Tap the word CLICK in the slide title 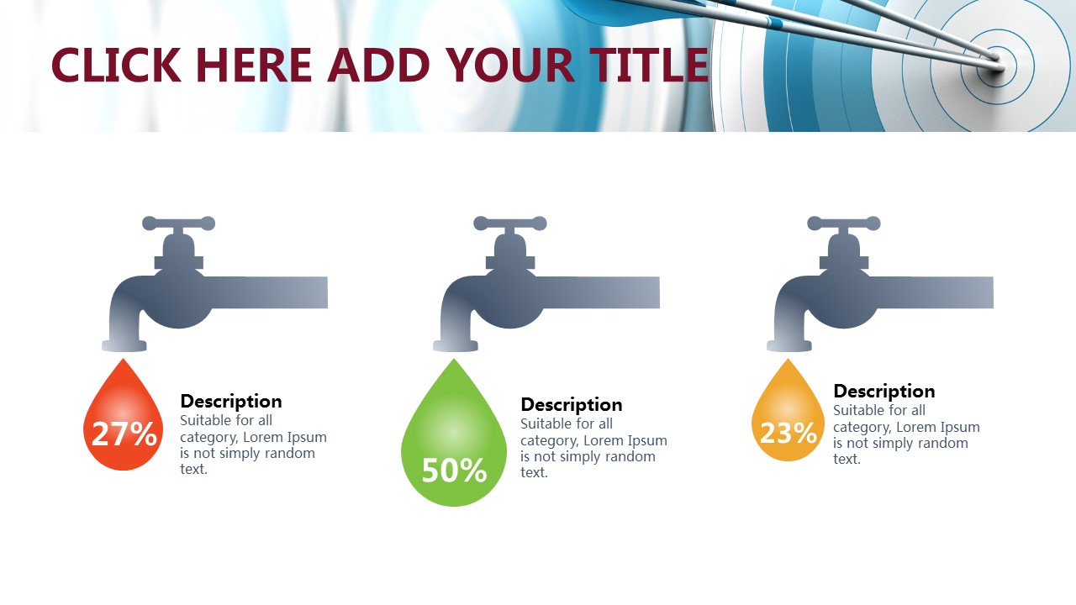[x=116, y=65]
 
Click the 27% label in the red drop [x=124, y=434]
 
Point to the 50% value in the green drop [x=455, y=470]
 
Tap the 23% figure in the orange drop [x=788, y=433]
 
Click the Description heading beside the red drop [x=231, y=402]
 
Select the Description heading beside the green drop [x=572, y=405]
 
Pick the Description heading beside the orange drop [x=884, y=392]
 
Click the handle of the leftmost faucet [x=179, y=224]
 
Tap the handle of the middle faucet [x=510, y=224]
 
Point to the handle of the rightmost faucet [x=844, y=224]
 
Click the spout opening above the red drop [x=124, y=345]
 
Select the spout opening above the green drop [x=456, y=345]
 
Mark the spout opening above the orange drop [x=789, y=345]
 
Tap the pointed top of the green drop [x=454, y=359]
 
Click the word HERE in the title [x=254, y=65]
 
